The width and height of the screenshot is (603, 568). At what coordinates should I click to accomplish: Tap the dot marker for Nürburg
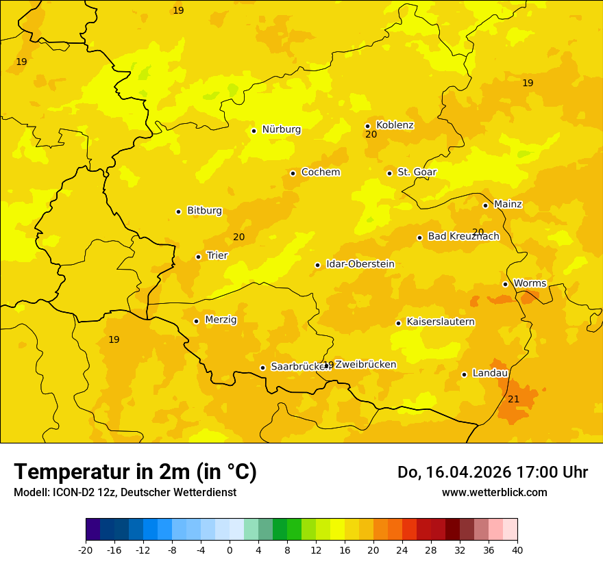(x=254, y=131)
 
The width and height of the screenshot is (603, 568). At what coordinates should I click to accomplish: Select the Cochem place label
(x=320, y=172)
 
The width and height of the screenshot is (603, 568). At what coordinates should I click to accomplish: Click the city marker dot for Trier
(x=198, y=257)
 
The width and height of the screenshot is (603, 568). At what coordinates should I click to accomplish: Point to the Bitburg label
(x=204, y=211)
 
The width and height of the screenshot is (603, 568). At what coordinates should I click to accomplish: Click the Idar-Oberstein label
(x=360, y=264)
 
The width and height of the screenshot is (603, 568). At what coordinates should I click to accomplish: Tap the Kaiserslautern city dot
(x=398, y=323)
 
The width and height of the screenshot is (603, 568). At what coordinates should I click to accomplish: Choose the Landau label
(x=490, y=374)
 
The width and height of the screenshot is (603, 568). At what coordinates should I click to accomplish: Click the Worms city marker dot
(x=505, y=284)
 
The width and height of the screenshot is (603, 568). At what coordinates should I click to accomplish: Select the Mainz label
(x=508, y=205)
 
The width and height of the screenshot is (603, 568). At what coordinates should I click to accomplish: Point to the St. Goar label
(x=417, y=172)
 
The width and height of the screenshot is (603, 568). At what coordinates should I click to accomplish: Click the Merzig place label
(x=221, y=320)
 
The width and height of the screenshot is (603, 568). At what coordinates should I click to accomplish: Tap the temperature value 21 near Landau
(x=513, y=399)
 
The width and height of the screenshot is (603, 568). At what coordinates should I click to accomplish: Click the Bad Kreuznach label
(x=463, y=237)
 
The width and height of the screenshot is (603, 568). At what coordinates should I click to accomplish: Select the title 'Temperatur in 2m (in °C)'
(x=135, y=472)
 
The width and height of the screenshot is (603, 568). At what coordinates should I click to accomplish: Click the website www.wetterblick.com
(x=494, y=493)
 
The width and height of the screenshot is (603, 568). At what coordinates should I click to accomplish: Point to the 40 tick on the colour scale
(x=517, y=550)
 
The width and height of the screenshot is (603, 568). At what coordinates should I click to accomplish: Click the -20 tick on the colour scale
(x=86, y=550)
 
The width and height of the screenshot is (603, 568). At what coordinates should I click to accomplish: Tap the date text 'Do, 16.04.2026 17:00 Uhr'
(x=492, y=472)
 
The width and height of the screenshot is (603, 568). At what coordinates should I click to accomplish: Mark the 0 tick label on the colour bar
(x=230, y=550)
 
